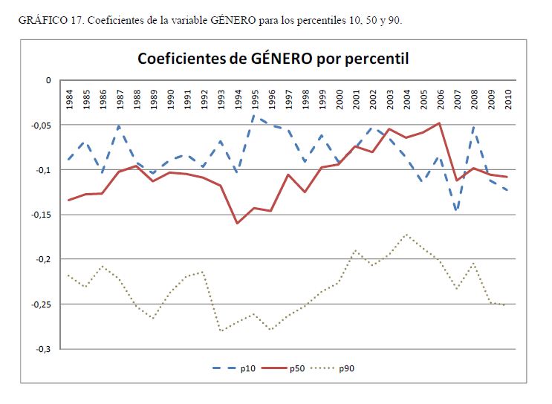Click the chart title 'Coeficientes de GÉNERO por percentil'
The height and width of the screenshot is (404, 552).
tap(273, 59)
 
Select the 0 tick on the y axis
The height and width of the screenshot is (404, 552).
tap(48, 80)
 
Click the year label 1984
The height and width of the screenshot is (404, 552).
tap(69, 99)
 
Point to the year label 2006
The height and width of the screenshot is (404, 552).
tap(441, 99)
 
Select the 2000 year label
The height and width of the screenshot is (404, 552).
tap(340, 99)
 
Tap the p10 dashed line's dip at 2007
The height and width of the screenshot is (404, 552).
tap(457, 210)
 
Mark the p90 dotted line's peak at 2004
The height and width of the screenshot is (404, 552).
tap(406, 234)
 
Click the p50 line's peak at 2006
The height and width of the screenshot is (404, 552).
tap(441, 123)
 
